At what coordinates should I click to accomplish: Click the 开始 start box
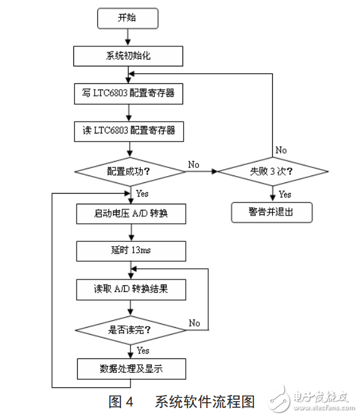[x=126, y=18]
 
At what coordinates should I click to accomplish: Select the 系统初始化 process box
[x=129, y=56]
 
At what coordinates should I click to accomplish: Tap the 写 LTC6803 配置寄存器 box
[x=129, y=95]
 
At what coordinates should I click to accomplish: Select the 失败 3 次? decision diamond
[x=273, y=170]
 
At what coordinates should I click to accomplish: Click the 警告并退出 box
[x=272, y=212]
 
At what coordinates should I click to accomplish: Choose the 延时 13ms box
[x=131, y=251]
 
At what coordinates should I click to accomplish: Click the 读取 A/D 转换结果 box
[x=131, y=290]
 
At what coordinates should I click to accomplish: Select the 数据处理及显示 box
[x=131, y=368]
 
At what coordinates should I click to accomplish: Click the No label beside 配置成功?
[x=193, y=164]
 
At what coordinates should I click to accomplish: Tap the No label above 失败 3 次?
[x=281, y=150]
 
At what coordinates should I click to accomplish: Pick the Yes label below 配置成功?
[x=142, y=194]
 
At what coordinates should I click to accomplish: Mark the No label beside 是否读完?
[x=194, y=323]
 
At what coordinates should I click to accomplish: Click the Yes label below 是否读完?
[x=143, y=350]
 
